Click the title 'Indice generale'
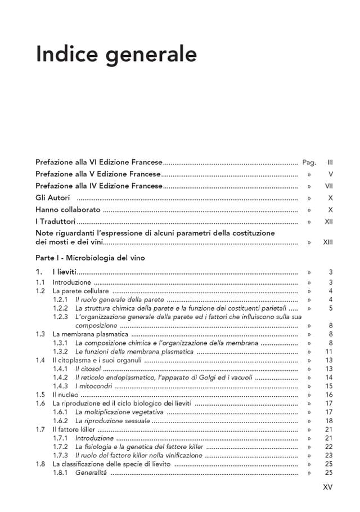coord(116,55)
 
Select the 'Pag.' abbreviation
coord(309,162)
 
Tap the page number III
coord(330,162)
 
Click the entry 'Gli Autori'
coord(53,198)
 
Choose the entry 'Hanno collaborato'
coord(68,210)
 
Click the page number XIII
coord(328,242)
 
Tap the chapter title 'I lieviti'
coord(64,272)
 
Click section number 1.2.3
coord(60,317)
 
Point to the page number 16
coord(330,395)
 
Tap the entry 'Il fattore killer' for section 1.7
coord(71,429)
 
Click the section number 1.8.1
coord(60,473)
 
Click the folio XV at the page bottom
coord(328,487)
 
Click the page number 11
coord(330,352)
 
